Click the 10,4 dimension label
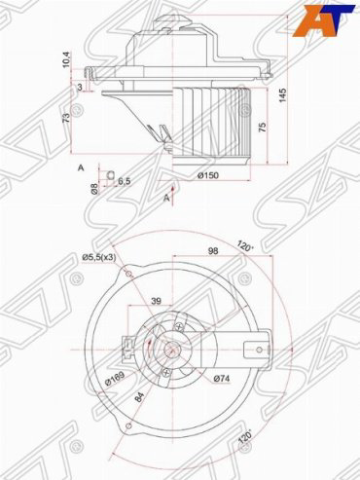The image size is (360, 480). click(x=66, y=60)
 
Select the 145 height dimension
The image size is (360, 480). click(x=283, y=95)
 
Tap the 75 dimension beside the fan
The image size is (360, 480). click(x=263, y=127)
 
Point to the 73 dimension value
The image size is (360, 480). click(x=66, y=117)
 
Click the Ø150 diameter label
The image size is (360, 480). click(x=208, y=175)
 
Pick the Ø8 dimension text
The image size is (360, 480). click(x=94, y=189)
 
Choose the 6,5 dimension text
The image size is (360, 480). click(x=124, y=181)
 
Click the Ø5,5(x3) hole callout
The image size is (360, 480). click(x=99, y=257)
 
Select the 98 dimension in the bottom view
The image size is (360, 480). click(x=213, y=250)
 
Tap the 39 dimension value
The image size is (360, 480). click(x=157, y=301)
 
